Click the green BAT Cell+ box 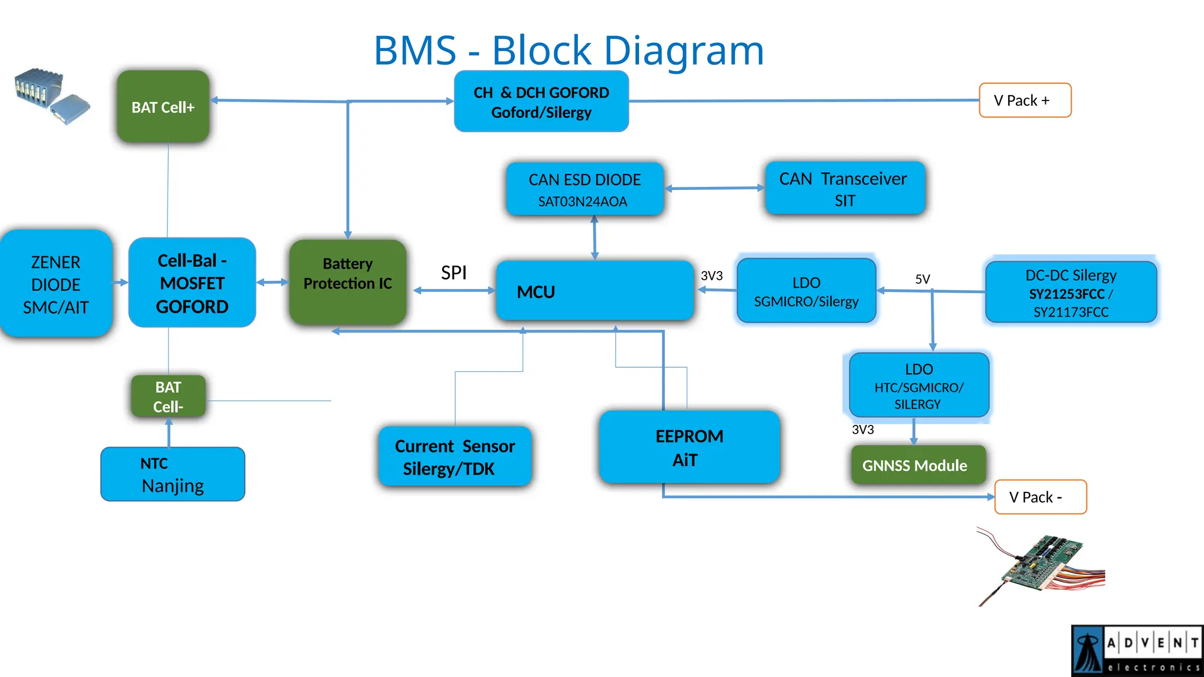163,107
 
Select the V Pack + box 1025,100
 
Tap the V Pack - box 1040,497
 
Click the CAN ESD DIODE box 584,189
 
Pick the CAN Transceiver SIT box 845,189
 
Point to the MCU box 594,291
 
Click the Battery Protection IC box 347,283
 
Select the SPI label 453,273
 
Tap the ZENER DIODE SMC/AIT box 55,284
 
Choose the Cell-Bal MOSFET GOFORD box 192,283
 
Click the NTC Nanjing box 172,474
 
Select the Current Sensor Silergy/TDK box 454,457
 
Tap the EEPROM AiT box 689,448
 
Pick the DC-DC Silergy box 1071,293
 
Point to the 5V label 922,279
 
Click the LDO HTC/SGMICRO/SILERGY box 918,386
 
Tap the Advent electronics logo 1137,651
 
